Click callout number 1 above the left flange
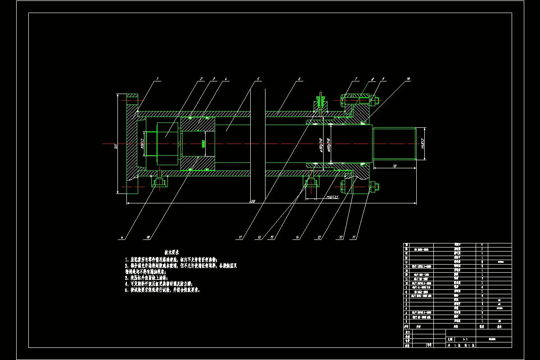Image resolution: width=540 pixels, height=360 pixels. coord(157,79)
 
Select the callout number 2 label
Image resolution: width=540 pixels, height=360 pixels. coord(201,79)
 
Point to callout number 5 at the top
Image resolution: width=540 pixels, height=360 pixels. coord(258,79)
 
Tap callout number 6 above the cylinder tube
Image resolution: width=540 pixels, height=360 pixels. coord(299,79)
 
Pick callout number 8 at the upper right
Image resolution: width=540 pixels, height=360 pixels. coord(373,79)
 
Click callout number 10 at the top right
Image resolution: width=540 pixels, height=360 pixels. coord(408,79)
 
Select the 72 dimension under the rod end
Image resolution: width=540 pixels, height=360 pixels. coord(395,166)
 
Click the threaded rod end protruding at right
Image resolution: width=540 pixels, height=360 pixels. coord(394,144)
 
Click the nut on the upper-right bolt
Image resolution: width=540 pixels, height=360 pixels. coord(376,100)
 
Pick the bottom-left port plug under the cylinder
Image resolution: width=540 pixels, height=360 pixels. coord(159,181)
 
